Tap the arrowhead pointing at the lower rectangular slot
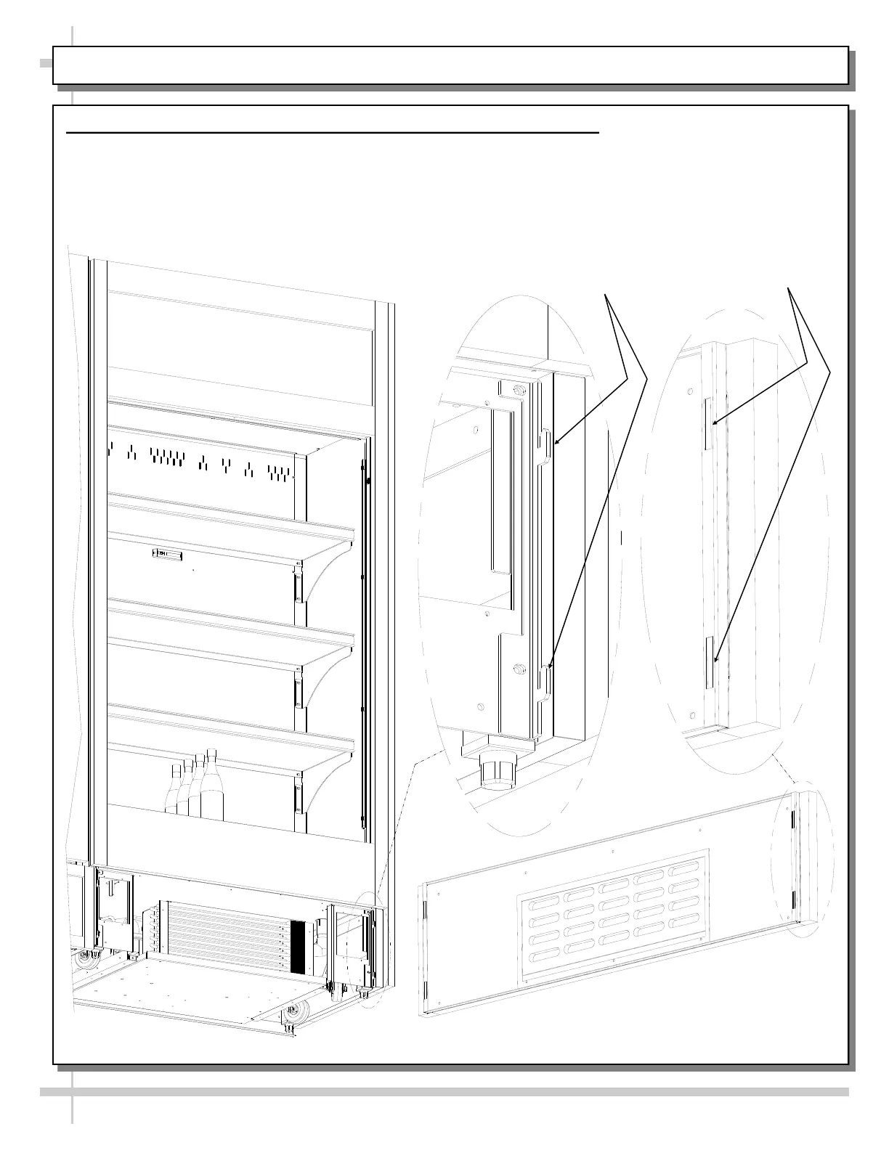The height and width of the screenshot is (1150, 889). point(716,661)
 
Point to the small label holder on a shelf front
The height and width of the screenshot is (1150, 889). point(166,555)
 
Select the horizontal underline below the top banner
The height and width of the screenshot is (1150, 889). point(333,133)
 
